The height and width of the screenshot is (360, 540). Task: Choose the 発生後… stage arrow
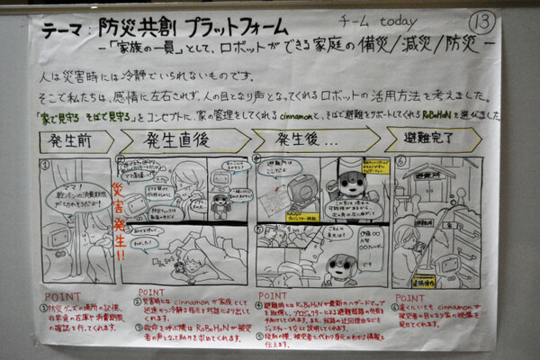pos(310,141)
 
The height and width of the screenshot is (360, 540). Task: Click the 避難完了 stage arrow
pos(432,141)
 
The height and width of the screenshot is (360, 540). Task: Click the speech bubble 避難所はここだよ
pos(278,172)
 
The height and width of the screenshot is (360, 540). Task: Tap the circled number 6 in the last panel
pos(400,161)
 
